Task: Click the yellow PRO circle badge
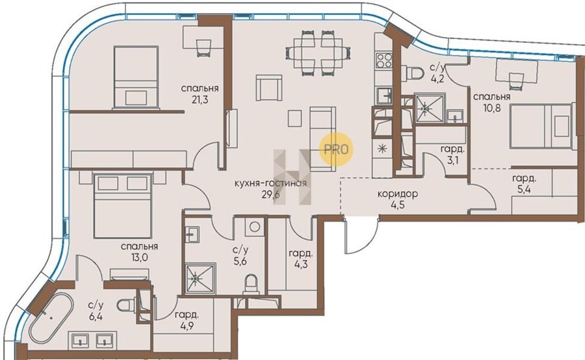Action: [x=336, y=149]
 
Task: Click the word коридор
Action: [x=397, y=194]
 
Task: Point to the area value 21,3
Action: [x=200, y=99]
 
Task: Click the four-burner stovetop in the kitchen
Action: [x=384, y=60]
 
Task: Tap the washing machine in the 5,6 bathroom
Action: [x=254, y=227]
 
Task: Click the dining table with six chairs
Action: [x=318, y=52]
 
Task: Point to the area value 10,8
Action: [x=491, y=108]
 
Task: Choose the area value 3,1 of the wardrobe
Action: [x=452, y=162]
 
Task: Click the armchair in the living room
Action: [x=268, y=87]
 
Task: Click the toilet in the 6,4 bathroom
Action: [x=125, y=305]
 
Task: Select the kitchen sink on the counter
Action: [x=384, y=94]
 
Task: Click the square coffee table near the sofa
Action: [x=294, y=118]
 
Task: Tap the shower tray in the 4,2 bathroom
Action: [x=430, y=107]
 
